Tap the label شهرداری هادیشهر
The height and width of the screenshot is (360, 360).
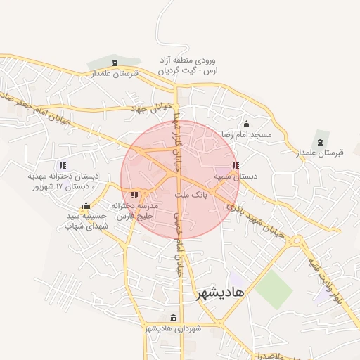[174, 328]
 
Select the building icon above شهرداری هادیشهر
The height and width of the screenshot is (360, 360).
[174, 317]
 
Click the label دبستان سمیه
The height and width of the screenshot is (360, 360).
[235, 177]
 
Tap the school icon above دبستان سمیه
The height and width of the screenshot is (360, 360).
[235, 166]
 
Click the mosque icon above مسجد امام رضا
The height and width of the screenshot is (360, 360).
[246, 124]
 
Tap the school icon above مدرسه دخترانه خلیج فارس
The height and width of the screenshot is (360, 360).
[134, 194]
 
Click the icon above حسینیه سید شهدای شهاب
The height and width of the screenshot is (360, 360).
[85, 207]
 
